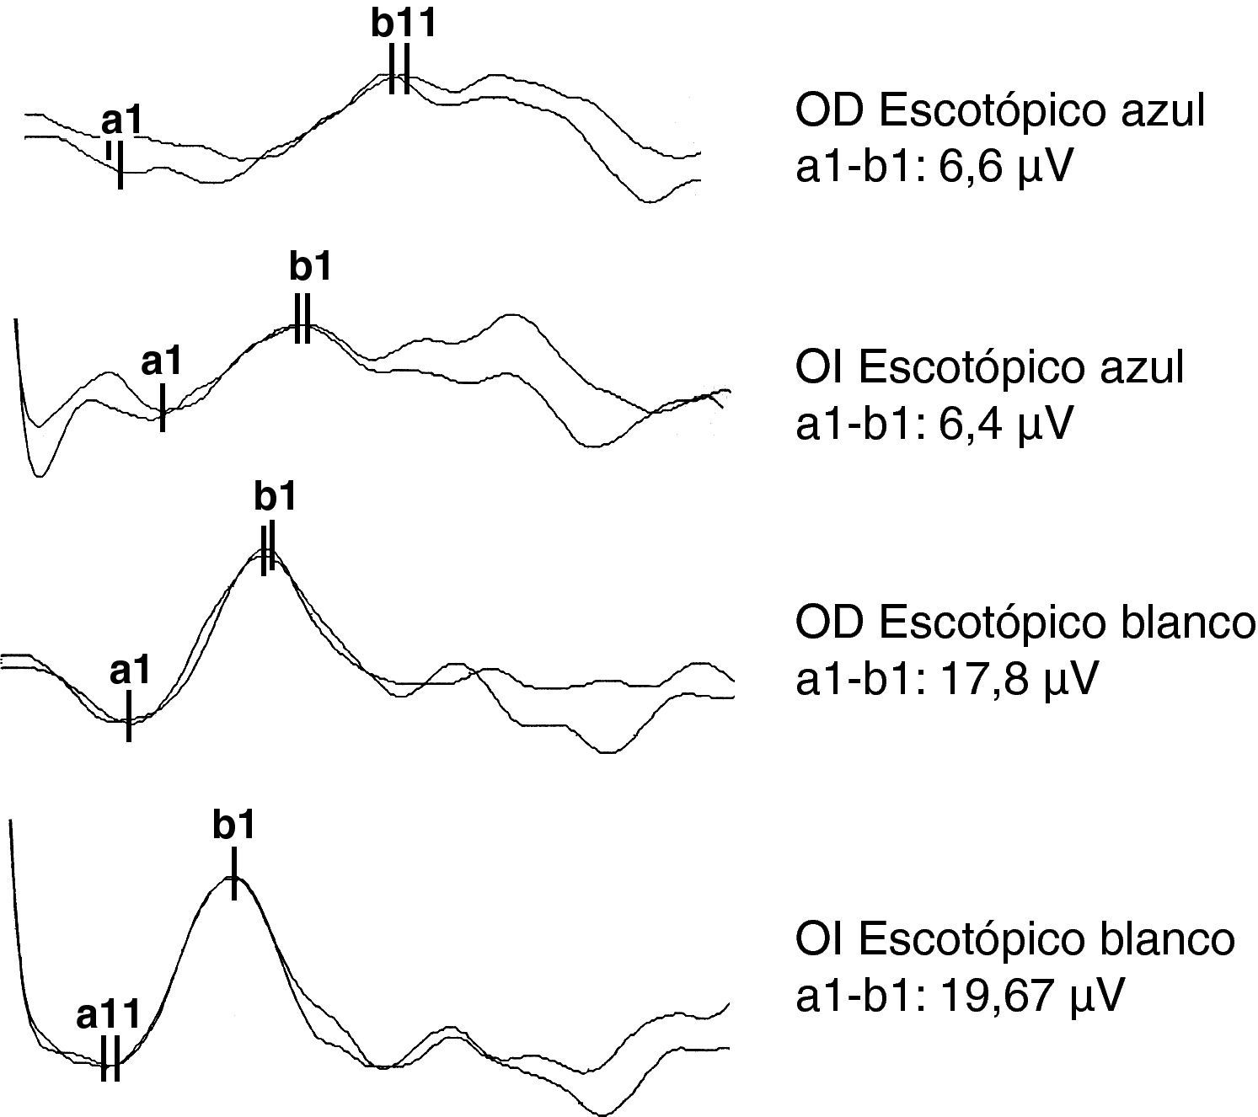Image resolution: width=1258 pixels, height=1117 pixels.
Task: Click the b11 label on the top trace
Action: tap(404, 24)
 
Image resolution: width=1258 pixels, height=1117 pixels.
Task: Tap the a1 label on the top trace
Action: tap(122, 121)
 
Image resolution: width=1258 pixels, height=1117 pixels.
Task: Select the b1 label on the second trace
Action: tap(310, 267)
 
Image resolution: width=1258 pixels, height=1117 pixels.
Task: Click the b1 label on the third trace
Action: tap(276, 497)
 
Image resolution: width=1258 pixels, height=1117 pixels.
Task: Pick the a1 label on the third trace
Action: tap(130, 671)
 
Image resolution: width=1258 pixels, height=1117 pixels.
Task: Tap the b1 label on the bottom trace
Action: tap(233, 826)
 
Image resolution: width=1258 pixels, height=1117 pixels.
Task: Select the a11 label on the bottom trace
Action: tap(108, 1015)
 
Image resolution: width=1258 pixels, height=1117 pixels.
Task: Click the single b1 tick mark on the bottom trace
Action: tap(233, 874)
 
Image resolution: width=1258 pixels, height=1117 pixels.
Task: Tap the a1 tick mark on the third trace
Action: tap(128, 716)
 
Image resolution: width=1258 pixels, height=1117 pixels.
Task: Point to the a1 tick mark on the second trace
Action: tap(162, 408)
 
